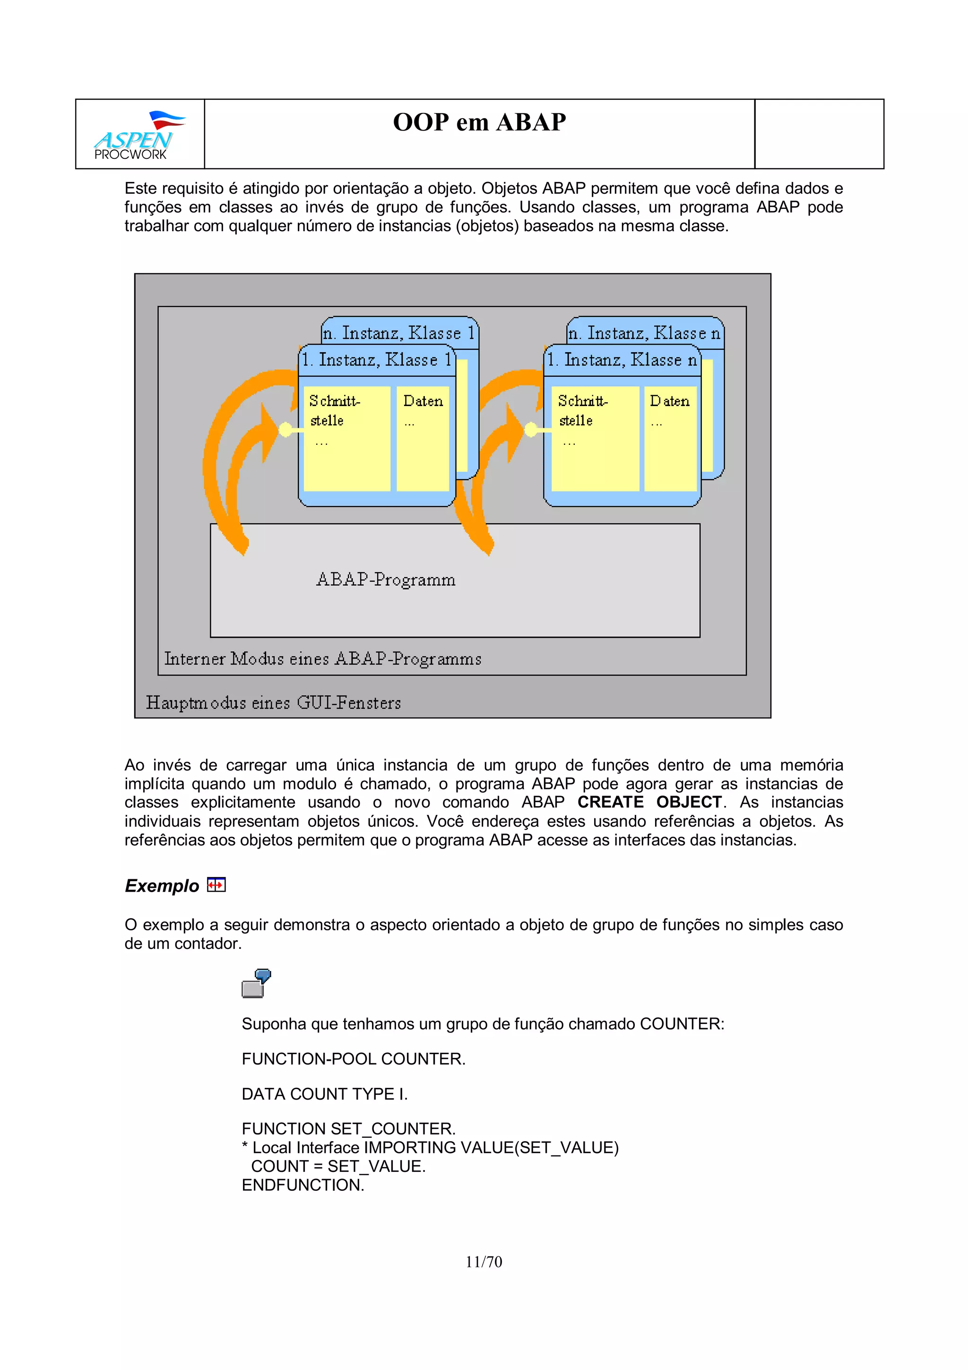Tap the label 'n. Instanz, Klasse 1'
(399, 332)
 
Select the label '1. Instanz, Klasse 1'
(376, 360)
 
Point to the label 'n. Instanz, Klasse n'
(644, 332)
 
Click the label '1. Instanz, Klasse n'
(622, 360)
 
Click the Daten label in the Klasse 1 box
(423, 401)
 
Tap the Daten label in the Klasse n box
(669, 401)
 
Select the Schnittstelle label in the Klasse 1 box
(334, 410)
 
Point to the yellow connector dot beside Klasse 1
(285, 429)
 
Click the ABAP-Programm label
(386, 580)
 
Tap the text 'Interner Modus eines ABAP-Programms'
(323, 659)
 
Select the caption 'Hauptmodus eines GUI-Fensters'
(273, 703)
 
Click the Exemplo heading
(162, 885)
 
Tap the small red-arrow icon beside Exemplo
(216, 884)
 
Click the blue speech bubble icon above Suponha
(257, 983)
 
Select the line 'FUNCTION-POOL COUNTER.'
(353, 1058)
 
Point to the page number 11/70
(484, 1262)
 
